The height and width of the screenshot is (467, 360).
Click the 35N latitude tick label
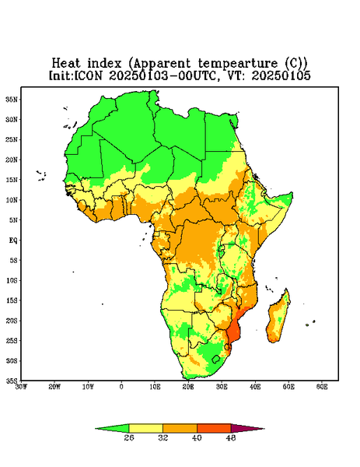coord(12,100)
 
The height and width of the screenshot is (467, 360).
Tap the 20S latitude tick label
coord(12,321)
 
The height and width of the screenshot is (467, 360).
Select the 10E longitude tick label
coord(155,387)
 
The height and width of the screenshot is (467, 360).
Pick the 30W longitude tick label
coord(21,387)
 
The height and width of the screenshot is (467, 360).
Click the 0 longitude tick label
coord(121,387)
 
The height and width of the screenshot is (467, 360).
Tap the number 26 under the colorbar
coord(129,437)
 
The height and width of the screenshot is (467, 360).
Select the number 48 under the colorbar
coord(231,437)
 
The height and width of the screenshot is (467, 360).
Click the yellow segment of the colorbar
coord(145,428)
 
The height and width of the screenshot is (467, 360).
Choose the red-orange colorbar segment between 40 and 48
coord(214,428)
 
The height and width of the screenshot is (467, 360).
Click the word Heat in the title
coord(66,64)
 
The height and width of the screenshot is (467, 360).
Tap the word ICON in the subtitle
coord(88,75)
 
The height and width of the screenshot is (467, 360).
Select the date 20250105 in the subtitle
coord(281,75)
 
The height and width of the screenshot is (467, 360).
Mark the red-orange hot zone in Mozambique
coord(234,331)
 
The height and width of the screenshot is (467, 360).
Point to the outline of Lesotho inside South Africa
coord(216,359)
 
